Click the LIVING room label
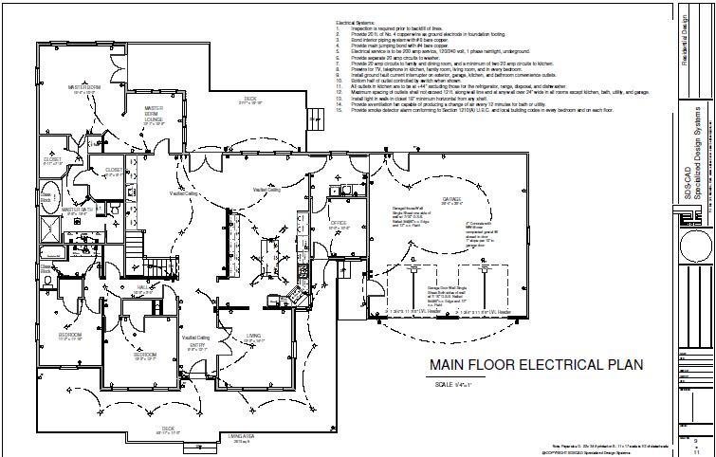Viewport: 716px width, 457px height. (253, 336)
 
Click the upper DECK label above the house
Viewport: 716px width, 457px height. (250, 99)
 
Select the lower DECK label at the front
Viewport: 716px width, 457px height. (168, 428)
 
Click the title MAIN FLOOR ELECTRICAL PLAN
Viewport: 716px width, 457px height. (537, 365)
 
